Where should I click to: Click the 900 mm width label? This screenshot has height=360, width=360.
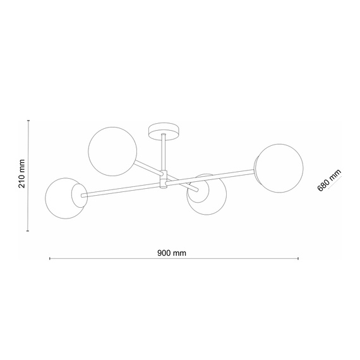[x=172, y=252]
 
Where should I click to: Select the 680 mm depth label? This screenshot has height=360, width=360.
[x=329, y=180]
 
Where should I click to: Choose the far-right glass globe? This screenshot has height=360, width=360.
[x=279, y=169]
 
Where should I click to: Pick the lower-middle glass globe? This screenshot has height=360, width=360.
[x=207, y=196]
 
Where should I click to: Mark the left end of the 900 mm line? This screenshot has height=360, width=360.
[x=50, y=259]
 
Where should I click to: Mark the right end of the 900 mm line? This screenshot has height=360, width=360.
[x=299, y=259]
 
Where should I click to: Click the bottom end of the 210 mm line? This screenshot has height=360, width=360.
[x=28, y=231]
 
